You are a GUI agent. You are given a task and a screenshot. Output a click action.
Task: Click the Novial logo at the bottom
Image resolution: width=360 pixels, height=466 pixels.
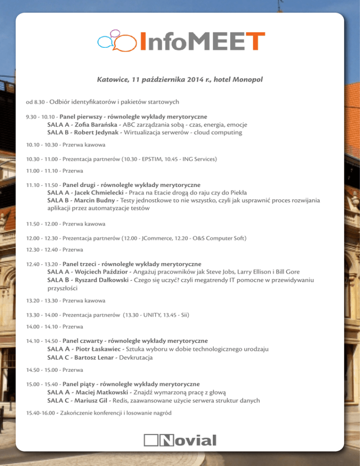coord(180,440)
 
